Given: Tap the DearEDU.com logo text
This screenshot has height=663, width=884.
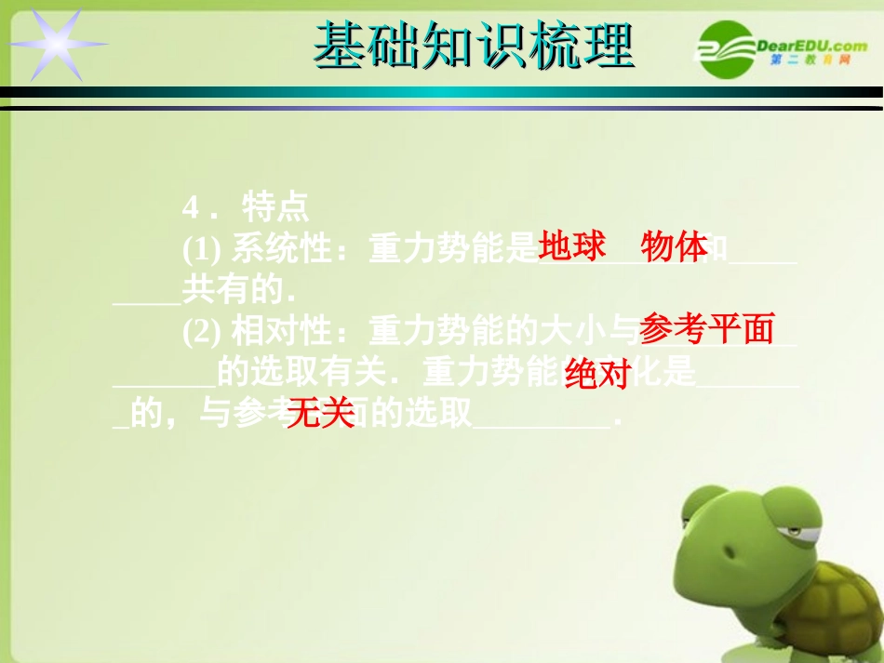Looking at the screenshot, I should coord(811,46).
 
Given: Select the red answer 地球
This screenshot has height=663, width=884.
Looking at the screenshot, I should coord(572,246).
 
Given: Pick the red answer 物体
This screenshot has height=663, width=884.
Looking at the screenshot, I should coord(674,248).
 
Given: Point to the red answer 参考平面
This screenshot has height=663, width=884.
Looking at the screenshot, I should coord(707,328).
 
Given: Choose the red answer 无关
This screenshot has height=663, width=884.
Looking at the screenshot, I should coord(321,414).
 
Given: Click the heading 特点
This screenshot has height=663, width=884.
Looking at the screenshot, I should coord(275,206).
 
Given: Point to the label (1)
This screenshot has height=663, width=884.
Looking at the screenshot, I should coord(200,249).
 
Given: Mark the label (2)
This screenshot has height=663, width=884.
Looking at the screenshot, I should coord(200,331).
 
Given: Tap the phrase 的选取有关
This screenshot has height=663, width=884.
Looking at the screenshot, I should coord(300,373).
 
